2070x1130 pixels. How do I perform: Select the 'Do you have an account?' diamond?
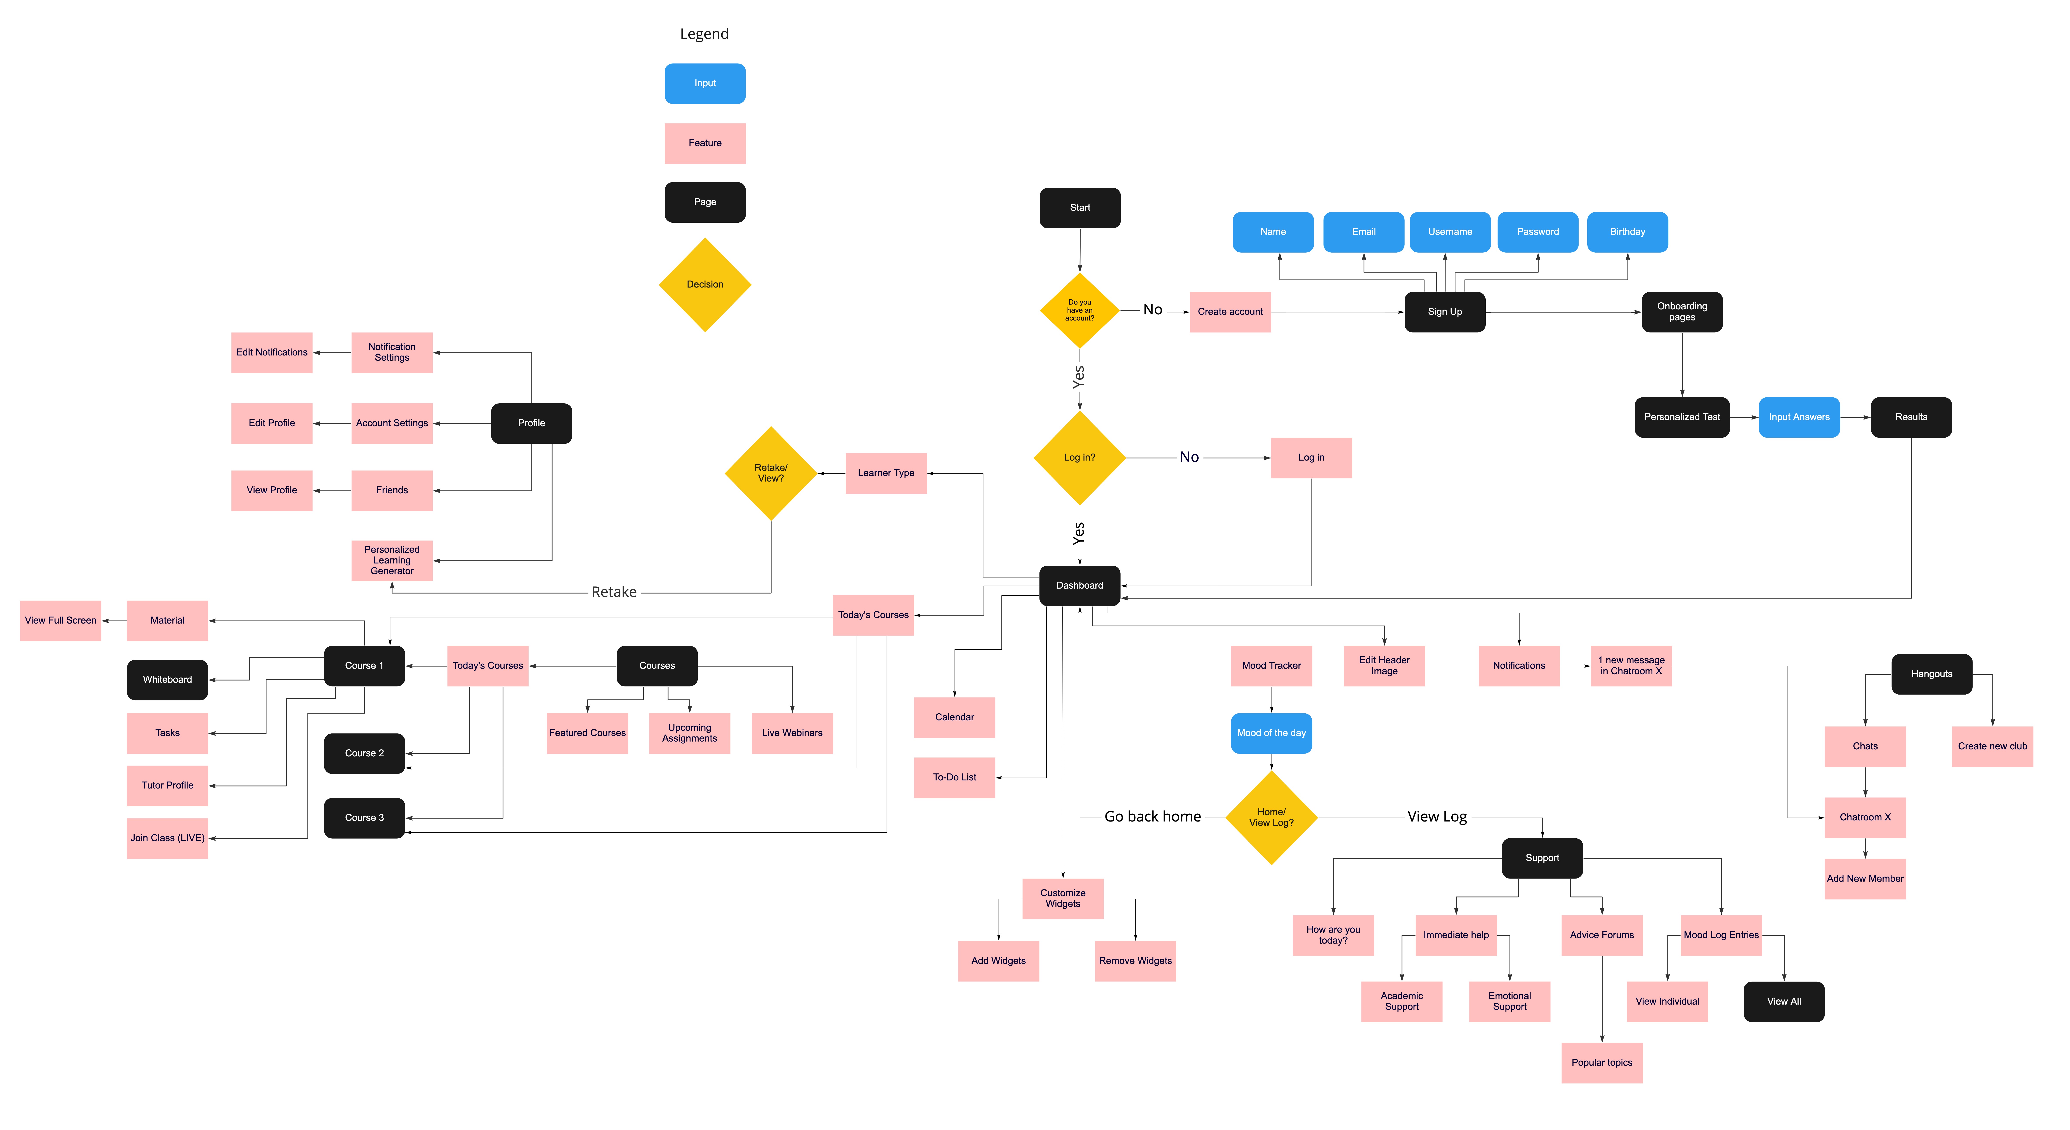pyautogui.click(x=1079, y=310)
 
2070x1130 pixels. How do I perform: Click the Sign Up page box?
pyautogui.click(x=1444, y=312)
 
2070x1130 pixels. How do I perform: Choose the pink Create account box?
pyautogui.click(x=1229, y=312)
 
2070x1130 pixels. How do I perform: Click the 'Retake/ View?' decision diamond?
pyautogui.click(x=771, y=473)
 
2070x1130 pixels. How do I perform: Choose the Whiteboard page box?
pyautogui.click(x=167, y=680)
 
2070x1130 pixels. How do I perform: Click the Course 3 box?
pyautogui.click(x=364, y=818)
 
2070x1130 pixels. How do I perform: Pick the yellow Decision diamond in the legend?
pyautogui.click(x=705, y=284)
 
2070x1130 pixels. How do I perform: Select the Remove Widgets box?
pyautogui.click(x=1135, y=961)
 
